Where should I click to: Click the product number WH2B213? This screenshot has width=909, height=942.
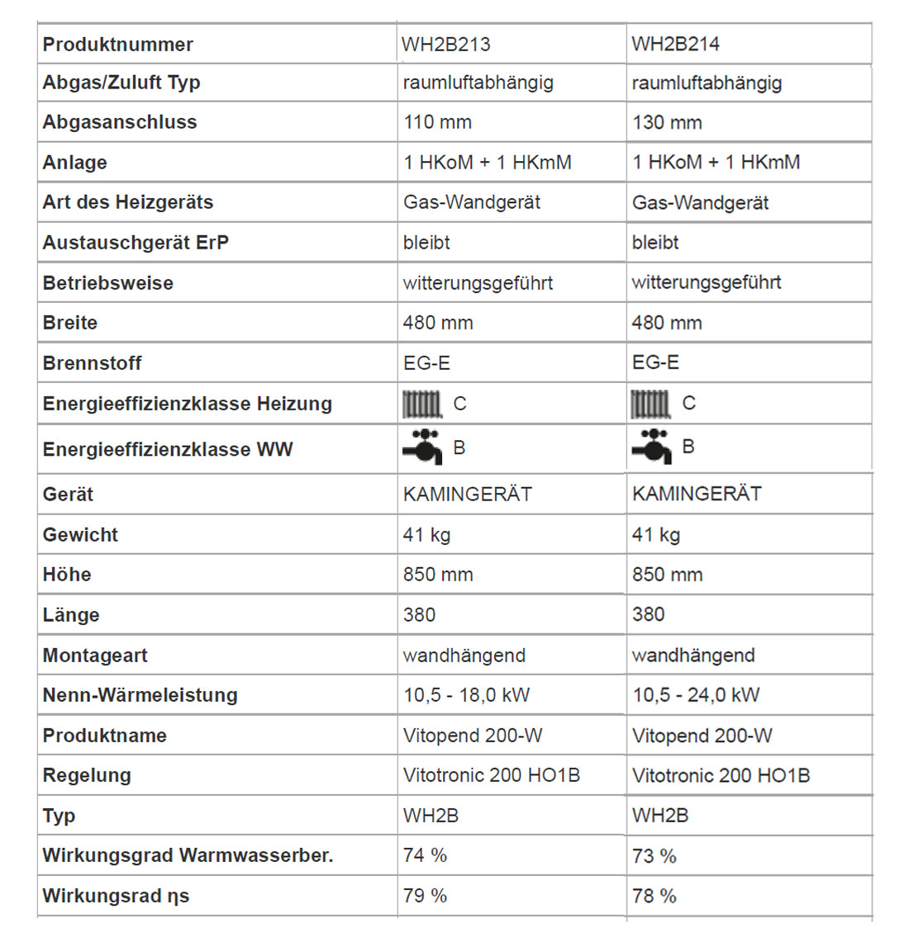pos(445,45)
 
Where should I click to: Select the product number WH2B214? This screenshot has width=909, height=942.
pos(675,45)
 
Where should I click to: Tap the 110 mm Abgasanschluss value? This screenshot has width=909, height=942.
pos(437,122)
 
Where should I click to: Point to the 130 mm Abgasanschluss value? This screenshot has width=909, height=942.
pos(667,122)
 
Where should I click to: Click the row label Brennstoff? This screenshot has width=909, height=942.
pos(92,363)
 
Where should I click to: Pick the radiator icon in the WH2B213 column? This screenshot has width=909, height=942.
pos(422,405)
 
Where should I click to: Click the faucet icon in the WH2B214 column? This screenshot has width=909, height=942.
pos(652,447)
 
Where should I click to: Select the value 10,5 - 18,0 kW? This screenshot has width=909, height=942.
pos(466,695)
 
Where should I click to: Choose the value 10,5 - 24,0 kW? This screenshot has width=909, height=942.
pos(696,695)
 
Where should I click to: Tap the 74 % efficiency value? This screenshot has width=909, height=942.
pos(425,855)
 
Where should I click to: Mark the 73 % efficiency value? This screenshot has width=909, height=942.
pos(654,856)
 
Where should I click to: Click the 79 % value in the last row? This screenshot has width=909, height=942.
pos(425,896)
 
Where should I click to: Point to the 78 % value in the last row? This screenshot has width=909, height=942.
pos(654,896)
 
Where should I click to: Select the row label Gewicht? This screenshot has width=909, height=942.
pos(80,535)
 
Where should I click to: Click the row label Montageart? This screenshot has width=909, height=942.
pos(95,656)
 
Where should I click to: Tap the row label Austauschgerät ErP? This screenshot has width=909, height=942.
pos(136,243)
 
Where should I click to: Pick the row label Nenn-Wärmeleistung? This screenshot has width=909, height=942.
pos(140,695)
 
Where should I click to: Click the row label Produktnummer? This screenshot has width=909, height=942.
pos(117,45)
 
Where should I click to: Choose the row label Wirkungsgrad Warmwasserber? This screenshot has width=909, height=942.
pos(188,855)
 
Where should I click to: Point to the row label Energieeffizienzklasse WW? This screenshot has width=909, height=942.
pos(168,450)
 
